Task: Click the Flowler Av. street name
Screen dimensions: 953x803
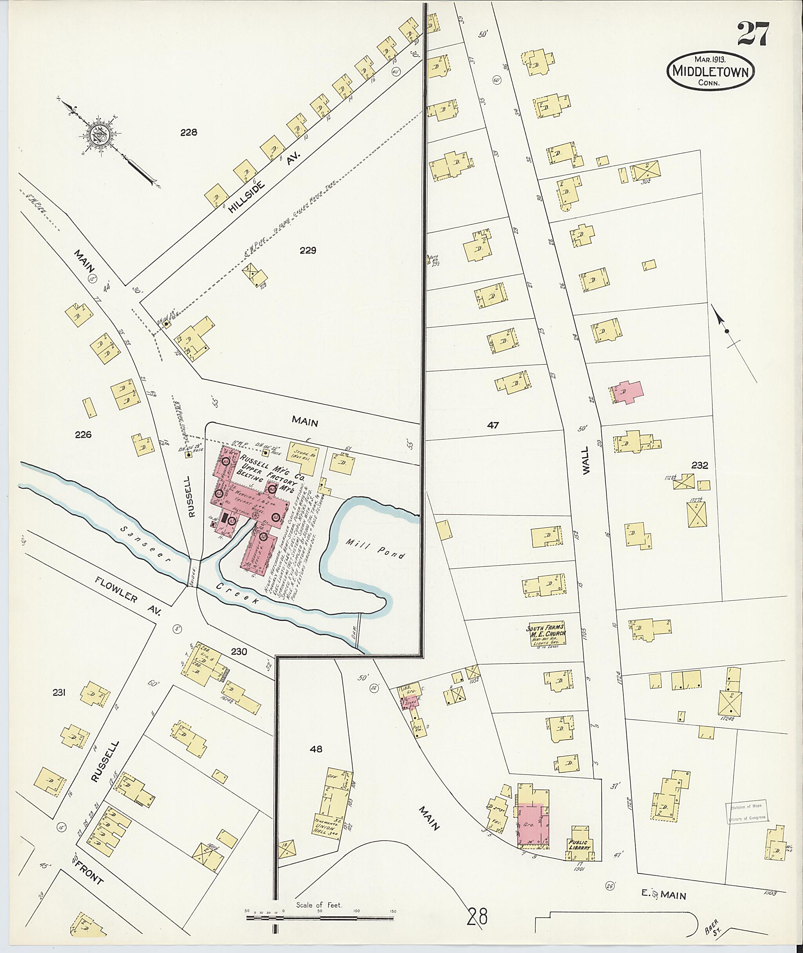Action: click(x=128, y=596)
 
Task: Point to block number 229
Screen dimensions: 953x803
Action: click(x=308, y=250)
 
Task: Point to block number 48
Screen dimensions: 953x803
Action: click(x=316, y=749)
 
